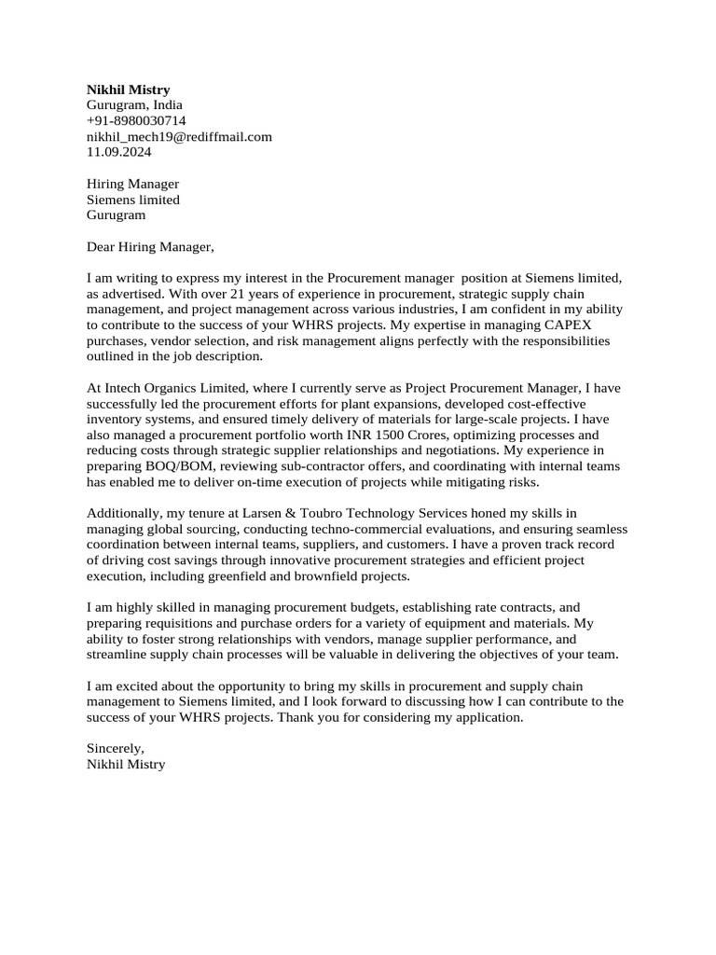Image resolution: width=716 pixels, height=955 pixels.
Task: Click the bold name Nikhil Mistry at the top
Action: click(x=128, y=90)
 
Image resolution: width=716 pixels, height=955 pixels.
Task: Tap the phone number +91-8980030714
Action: click(x=136, y=121)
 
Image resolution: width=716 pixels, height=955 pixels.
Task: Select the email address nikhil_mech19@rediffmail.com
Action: click(x=179, y=136)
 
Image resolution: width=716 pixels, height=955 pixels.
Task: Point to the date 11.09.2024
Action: click(x=118, y=151)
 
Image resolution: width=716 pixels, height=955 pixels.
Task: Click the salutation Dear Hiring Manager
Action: click(x=149, y=247)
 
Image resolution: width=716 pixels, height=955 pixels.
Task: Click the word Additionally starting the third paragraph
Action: click(x=121, y=513)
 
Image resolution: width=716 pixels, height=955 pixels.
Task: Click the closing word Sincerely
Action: click(x=115, y=749)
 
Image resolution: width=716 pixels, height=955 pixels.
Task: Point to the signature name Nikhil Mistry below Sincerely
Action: click(x=125, y=764)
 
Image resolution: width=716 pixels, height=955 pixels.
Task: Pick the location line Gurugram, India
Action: click(x=134, y=105)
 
